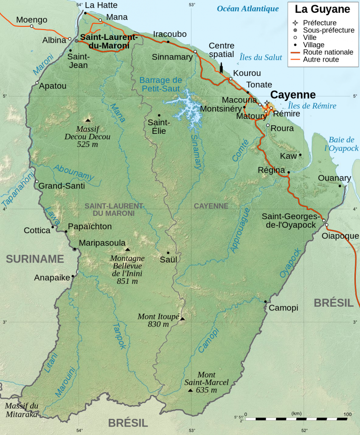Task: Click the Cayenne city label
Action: tap(293, 95)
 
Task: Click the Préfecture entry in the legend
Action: tap(320, 23)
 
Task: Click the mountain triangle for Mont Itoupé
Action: tap(182, 319)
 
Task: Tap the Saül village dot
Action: tap(168, 253)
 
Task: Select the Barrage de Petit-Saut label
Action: tap(160, 85)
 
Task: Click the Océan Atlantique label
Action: tap(248, 8)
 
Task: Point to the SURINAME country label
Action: tap(35, 259)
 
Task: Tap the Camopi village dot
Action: tap(265, 302)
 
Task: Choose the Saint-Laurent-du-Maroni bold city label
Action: tap(109, 41)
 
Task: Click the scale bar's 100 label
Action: tap(347, 414)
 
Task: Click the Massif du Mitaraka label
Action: tap(22, 410)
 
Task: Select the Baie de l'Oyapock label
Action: tap(341, 144)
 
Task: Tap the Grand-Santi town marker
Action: tap(37, 181)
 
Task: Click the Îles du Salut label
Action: tap(261, 57)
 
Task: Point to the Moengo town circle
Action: tap(31, 26)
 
